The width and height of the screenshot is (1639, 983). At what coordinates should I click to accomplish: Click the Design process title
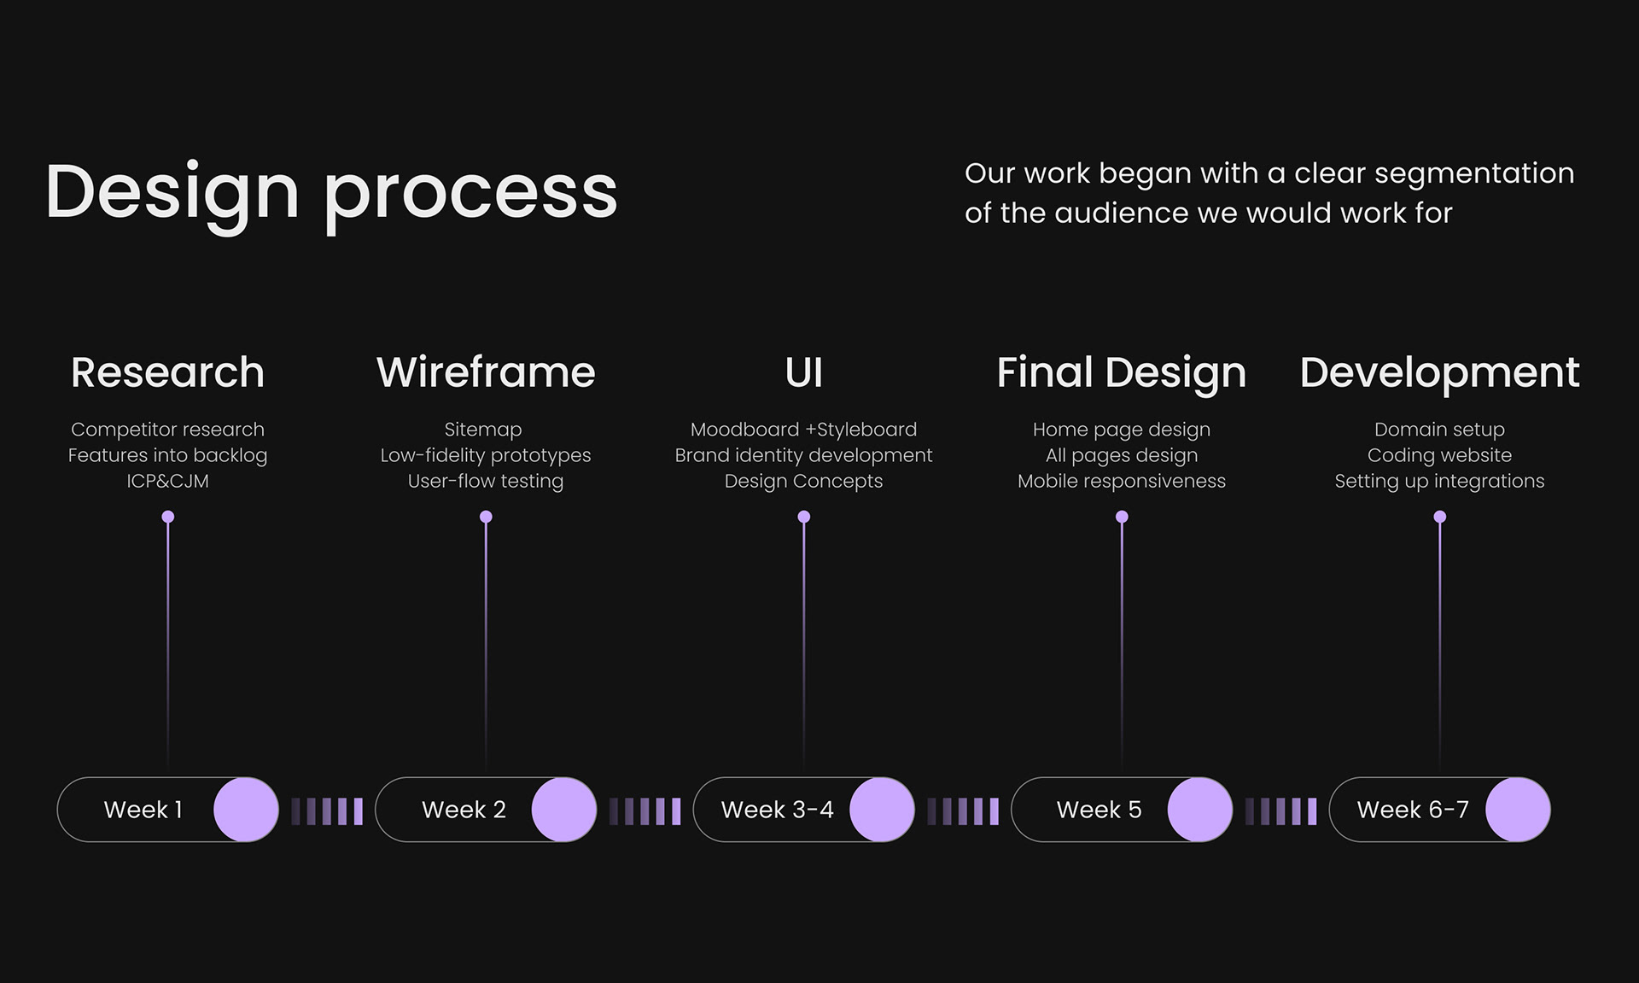(331, 192)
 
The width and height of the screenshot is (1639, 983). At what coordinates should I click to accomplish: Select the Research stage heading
(168, 372)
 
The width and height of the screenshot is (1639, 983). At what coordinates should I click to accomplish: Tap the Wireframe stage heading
(486, 372)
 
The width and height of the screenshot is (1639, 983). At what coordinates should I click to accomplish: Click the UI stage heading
(803, 372)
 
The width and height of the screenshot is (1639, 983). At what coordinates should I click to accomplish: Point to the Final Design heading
(1121, 373)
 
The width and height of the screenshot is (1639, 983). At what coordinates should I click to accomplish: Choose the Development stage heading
(1439, 373)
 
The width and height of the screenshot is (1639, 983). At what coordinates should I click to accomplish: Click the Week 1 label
(143, 810)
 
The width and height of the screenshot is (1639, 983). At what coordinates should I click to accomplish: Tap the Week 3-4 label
(777, 810)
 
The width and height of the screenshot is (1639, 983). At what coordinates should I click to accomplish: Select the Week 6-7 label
(1413, 810)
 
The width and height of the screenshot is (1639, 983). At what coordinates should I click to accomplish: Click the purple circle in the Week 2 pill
(563, 810)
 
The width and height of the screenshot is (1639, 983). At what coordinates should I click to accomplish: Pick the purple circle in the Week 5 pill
(1199, 810)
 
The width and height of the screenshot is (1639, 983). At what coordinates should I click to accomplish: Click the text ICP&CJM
(168, 481)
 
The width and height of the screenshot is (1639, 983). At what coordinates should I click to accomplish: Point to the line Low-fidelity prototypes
(486, 455)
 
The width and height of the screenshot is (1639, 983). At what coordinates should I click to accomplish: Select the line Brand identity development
(803, 455)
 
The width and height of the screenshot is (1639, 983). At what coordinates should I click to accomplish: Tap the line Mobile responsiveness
(1121, 481)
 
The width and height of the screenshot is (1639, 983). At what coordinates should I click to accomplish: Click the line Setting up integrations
(1439, 481)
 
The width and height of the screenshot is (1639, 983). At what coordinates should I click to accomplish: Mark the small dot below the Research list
(168, 517)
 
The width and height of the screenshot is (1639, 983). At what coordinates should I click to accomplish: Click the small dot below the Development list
(1439, 517)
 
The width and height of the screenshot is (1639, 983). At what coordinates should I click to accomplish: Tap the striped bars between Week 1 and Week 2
(327, 810)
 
